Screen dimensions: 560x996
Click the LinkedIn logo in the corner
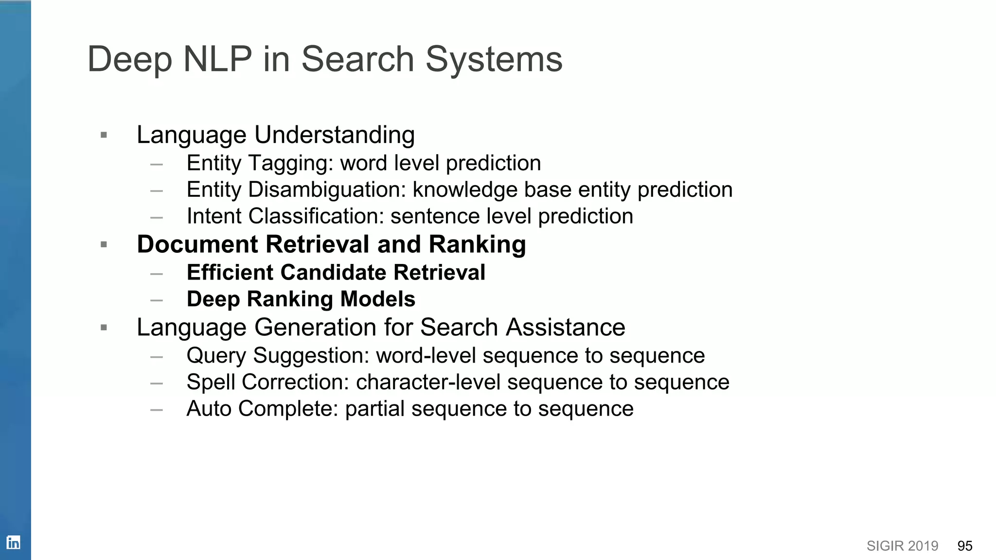[13, 542]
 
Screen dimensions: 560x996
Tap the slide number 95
[964, 546]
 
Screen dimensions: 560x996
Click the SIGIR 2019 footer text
[902, 546]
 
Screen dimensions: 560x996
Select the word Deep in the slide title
[130, 60]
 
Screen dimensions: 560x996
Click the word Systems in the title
[494, 60]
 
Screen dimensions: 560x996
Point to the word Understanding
[335, 135]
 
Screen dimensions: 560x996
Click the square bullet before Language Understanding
[104, 135]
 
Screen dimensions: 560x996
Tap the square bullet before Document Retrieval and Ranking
[104, 245]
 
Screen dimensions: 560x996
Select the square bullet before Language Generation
[104, 328]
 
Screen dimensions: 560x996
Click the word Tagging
[291, 163]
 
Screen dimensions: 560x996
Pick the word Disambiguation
[327, 190]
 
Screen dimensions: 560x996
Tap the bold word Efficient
[230, 273]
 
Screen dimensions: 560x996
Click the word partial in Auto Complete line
[374, 409]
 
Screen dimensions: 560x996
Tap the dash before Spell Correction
[157, 383]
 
